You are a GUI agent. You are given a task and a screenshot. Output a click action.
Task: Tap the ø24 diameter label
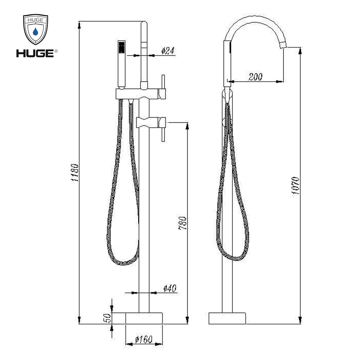168,51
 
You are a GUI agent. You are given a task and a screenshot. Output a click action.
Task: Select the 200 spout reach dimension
255,77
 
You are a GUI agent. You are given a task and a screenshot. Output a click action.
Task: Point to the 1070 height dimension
295,186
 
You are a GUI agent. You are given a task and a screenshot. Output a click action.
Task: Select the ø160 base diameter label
144,340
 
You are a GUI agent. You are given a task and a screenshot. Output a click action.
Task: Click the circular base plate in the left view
144,318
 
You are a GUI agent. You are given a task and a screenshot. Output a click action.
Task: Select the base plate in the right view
227,318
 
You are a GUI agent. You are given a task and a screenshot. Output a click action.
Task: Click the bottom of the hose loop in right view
235,258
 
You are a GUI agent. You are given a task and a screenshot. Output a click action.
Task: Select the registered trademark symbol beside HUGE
56,51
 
